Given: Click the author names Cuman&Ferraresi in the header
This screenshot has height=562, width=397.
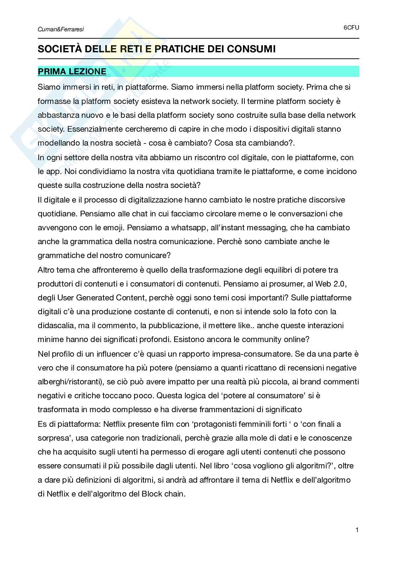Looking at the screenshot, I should pos(60,30).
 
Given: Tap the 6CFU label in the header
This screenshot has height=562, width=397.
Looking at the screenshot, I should pos(351,27).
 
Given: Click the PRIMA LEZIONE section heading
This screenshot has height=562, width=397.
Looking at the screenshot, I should pos(72,72).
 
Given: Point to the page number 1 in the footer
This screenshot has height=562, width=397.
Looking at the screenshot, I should pos(357,530).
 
